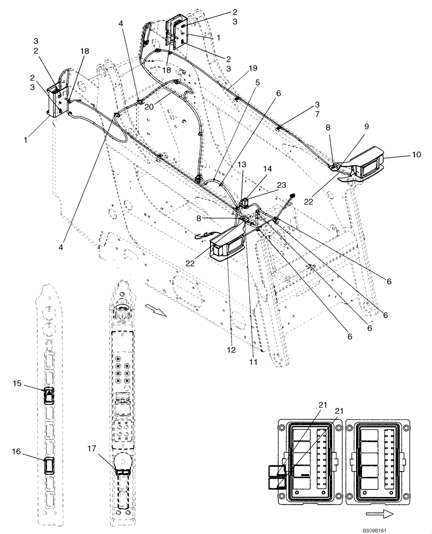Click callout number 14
tap(267, 168)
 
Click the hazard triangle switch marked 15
tap(48, 395)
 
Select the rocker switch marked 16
tap(48, 466)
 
